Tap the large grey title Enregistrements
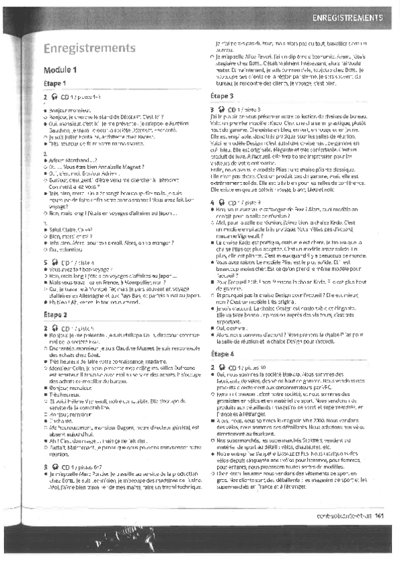(89, 48)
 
